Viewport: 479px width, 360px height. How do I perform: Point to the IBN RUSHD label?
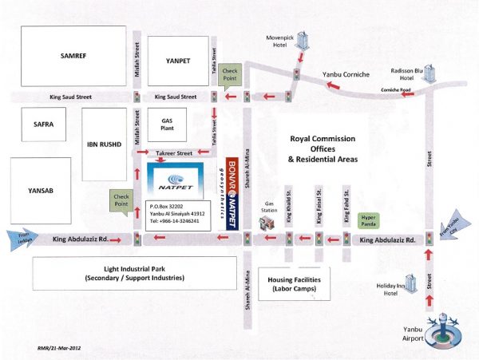(104, 145)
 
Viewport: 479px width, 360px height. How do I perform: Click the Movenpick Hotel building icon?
(301, 42)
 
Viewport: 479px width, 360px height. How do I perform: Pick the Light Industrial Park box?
(133, 273)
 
